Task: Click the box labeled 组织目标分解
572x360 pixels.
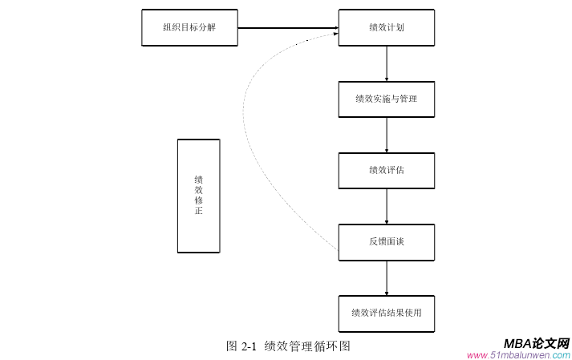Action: pyautogui.click(x=189, y=28)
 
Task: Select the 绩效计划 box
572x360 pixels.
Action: pyautogui.click(x=386, y=28)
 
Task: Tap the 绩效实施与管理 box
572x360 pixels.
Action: pyautogui.click(x=386, y=99)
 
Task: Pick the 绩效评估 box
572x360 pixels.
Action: pyautogui.click(x=386, y=171)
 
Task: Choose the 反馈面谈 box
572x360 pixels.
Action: pyautogui.click(x=386, y=242)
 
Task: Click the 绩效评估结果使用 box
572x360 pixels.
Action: pyautogui.click(x=386, y=313)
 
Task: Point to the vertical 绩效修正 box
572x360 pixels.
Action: pyautogui.click(x=198, y=196)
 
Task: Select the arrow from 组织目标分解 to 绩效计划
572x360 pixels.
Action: pyautogui.click(x=287, y=28)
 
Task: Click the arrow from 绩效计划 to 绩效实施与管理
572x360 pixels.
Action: pyautogui.click(x=387, y=63)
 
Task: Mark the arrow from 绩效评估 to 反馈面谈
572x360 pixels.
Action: pyautogui.click(x=387, y=206)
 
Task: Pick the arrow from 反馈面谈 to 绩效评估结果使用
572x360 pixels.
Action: pyautogui.click(x=387, y=277)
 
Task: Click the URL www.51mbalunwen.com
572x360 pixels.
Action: pyautogui.click(x=518, y=354)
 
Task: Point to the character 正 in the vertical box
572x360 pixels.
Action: pyautogui.click(x=198, y=212)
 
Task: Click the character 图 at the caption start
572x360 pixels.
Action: pyautogui.click(x=232, y=346)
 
